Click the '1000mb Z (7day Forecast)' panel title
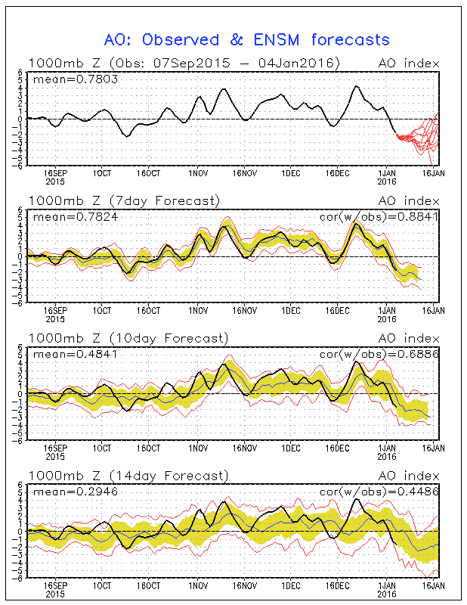tap(124, 200)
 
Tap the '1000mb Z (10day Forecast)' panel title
tap(127, 338)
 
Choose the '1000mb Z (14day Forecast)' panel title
tap(127, 476)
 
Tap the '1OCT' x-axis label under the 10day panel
tap(102, 448)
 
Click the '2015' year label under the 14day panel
tap(55, 594)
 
